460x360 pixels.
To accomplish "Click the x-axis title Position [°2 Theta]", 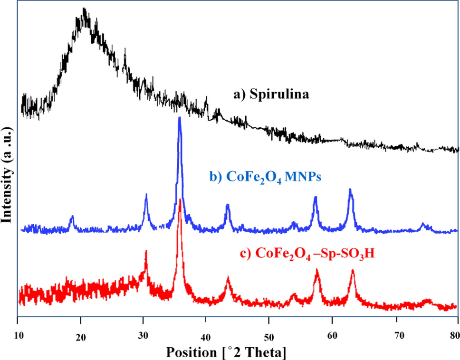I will coord(225,352).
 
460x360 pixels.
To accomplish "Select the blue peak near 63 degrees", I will coord(350,189).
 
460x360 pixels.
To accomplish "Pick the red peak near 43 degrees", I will coord(228,278).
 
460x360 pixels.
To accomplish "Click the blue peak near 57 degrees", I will coord(315,197).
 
